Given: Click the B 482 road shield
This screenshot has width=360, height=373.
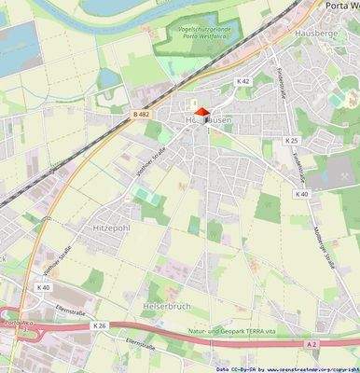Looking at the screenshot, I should [x=141, y=115].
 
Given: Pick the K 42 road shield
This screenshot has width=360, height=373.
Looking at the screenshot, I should [x=243, y=82].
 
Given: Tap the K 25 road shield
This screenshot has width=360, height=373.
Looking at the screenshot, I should [x=292, y=141].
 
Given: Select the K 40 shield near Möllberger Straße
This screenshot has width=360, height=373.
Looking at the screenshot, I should [x=301, y=194].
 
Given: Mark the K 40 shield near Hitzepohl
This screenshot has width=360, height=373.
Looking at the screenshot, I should [x=43, y=287].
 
